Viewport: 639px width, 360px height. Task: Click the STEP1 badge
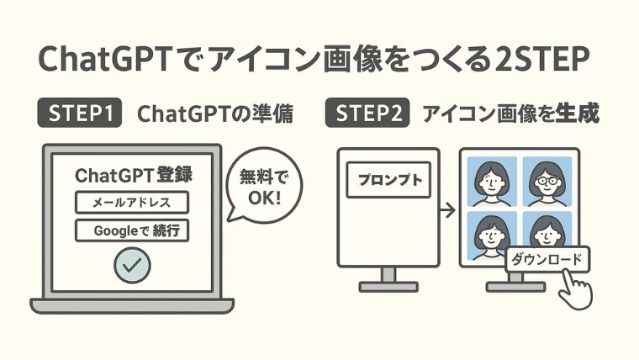pos(80,113)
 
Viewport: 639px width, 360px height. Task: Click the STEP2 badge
pos(367,113)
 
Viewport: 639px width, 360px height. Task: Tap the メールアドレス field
pos(132,202)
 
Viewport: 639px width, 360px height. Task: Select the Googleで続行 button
pos(132,230)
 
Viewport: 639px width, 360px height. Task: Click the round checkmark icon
pos(133,266)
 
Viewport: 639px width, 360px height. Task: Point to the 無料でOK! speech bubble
pos(264,186)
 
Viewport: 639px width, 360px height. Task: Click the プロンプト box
pos(388,180)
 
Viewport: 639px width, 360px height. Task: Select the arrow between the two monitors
pos(447,210)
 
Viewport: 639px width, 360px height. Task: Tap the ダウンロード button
pos(547,259)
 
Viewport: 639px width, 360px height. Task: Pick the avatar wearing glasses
pos(547,182)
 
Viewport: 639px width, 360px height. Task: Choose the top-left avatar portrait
pos(492,182)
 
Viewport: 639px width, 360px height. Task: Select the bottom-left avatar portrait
pos(492,236)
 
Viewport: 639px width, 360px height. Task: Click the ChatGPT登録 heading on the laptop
pos(134,175)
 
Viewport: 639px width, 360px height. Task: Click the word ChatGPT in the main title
pos(104,59)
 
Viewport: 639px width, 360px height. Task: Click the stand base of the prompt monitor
pos(388,287)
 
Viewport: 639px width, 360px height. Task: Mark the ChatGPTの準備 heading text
pos(215,114)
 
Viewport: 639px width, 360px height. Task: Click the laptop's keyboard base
pos(132,306)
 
